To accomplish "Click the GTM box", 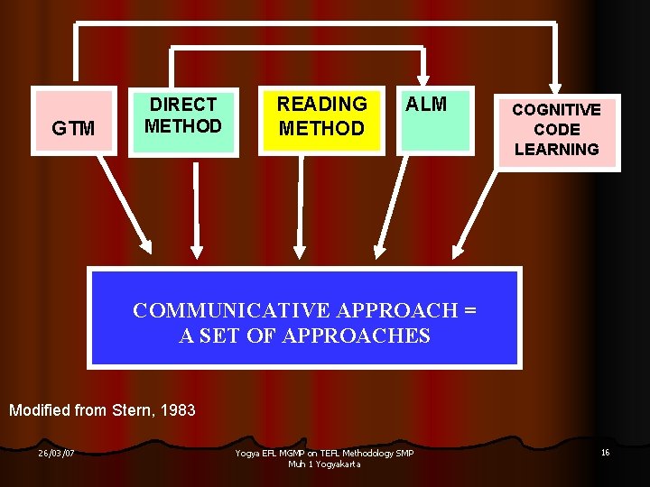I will click(x=74, y=128).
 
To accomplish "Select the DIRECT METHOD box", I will click(x=183, y=122).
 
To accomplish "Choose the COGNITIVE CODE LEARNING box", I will click(x=556, y=130).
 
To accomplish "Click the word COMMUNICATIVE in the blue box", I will click(x=232, y=310).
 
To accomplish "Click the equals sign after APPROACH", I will click(x=469, y=310).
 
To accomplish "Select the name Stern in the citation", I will click(x=131, y=410).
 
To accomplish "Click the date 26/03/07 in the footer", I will click(x=56, y=453).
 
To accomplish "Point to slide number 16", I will click(x=605, y=452).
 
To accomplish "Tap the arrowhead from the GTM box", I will click(x=144, y=246).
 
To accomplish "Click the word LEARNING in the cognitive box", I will click(x=556, y=150).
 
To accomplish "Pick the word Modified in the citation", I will click(x=40, y=410).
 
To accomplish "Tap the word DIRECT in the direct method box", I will click(x=183, y=105).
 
